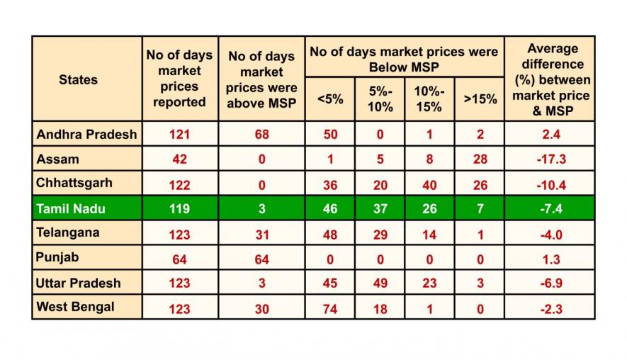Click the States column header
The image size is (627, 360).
(78, 79)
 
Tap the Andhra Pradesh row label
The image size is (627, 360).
(86, 134)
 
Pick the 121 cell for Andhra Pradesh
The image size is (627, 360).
(180, 134)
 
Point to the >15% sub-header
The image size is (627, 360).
(480, 99)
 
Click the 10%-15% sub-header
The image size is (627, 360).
(429, 99)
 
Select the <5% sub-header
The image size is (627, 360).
(330, 99)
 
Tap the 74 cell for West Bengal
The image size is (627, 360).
(330, 308)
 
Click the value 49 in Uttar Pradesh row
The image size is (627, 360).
(380, 283)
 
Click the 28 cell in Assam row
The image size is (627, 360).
(480, 159)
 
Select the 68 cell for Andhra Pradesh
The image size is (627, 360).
(261, 134)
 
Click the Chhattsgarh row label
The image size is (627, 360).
(74, 183)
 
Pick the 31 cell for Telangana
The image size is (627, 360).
(261, 233)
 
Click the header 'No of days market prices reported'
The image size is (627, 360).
(180, 79)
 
